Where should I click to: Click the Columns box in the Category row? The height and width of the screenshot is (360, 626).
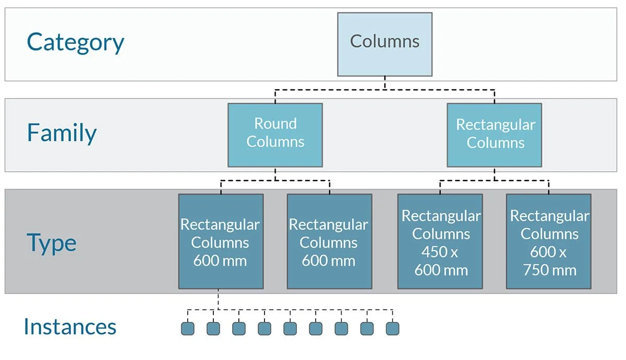[x=384, y=44]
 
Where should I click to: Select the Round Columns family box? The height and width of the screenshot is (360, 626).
[x=275, y=135]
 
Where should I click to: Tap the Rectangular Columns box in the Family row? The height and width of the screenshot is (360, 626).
[x=495, y=135]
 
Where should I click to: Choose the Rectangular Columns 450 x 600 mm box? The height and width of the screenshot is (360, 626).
[x=440, y=242]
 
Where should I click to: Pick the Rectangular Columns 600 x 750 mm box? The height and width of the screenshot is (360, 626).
[x=549, y=242]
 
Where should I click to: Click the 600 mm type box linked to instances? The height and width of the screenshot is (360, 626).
[x=221, y=242]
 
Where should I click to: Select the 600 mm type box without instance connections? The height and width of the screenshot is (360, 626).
[x=330, y=242]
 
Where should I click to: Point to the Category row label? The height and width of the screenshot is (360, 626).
[x=76, y=42]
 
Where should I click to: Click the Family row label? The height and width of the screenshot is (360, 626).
[x=62, y=133]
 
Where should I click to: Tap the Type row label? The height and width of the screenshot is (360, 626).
[x=52, y=243]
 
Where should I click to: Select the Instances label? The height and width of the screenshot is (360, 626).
[x=70, y=327]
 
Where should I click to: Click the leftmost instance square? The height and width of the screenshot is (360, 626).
[x=188, y=328]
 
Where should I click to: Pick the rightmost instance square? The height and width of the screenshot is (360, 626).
[x=392, y=328]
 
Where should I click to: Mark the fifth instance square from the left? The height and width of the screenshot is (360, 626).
[x=290, y=328]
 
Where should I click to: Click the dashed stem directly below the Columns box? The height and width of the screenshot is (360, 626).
[x=384, y=83]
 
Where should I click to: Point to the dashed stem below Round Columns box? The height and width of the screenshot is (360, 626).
[x=275, y=174]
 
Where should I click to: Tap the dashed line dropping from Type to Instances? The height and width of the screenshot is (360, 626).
[x=218, y=299]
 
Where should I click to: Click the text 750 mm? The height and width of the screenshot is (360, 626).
[x=549, y=270]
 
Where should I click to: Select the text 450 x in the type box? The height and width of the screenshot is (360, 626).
[x=440, y=252]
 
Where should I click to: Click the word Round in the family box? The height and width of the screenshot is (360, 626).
[x=275, y=124]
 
